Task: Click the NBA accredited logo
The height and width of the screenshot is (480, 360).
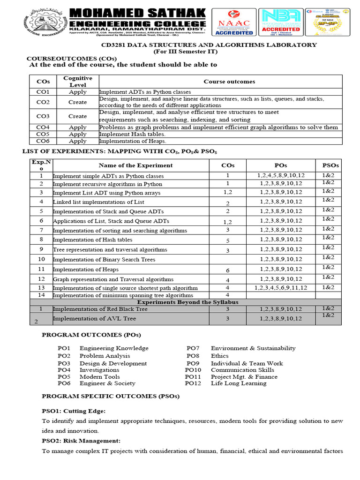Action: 280,22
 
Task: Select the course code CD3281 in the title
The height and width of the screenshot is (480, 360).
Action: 116,45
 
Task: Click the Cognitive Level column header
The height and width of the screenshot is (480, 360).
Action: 78,82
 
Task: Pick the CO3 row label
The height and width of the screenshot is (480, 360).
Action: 43,116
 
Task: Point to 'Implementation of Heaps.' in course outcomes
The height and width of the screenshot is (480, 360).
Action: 133,141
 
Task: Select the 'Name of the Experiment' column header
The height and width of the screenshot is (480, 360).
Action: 135,165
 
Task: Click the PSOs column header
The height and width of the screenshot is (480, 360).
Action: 330,165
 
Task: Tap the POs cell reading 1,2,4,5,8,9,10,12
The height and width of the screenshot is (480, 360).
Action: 281,175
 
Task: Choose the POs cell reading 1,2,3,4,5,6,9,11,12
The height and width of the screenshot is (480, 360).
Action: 281,288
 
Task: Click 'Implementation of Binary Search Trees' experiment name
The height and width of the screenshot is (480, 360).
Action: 104,260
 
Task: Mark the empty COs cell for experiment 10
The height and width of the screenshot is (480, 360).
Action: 227,259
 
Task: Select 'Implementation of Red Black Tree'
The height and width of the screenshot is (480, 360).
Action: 100,309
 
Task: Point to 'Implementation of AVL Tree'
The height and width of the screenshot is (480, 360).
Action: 94,319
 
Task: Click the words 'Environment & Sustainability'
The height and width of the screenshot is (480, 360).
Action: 253,348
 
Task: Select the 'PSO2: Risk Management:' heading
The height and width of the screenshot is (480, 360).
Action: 81,441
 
